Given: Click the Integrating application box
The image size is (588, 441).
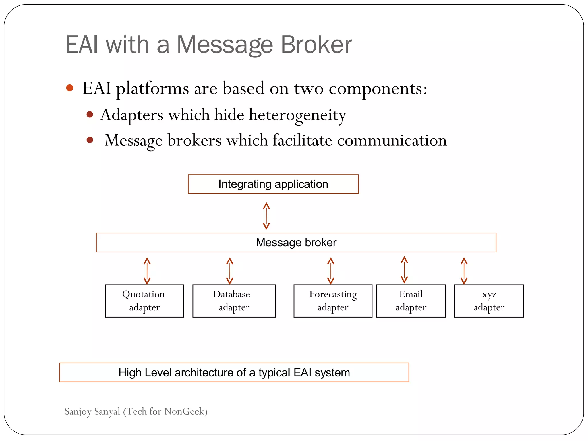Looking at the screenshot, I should pos(273,184).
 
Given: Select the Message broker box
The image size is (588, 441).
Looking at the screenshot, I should pos(296,243).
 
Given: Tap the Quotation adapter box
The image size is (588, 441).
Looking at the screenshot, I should pos(144,301).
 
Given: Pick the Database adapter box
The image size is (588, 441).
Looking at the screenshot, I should pos(234,301).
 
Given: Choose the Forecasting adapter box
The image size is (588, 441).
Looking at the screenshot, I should pos(333,301).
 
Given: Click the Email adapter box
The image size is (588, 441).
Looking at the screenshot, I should pos(411,301).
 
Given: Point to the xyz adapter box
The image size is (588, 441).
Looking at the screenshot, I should pos(489,301).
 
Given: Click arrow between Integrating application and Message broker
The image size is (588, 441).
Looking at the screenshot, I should pos(266,216).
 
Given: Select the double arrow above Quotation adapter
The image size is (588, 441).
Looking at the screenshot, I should pos(147,271).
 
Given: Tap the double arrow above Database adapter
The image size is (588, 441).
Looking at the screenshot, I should pos(230,271).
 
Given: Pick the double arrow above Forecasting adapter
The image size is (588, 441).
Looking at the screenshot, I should pos(331,271).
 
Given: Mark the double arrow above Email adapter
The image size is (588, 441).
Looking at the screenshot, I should pos(404,270).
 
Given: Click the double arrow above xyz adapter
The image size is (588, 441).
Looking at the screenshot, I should pos(464,271).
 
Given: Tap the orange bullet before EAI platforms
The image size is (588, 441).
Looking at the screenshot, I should pos(70,88).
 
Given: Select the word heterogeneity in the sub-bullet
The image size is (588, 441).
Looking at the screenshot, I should pos(297,115).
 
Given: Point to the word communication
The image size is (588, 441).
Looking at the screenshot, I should pos(392,140).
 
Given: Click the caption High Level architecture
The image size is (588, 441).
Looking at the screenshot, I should pos(234,372).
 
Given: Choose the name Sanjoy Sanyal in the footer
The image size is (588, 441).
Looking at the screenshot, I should pos(92,411).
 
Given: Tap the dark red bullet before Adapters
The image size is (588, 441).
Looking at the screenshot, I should pos(90,115).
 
